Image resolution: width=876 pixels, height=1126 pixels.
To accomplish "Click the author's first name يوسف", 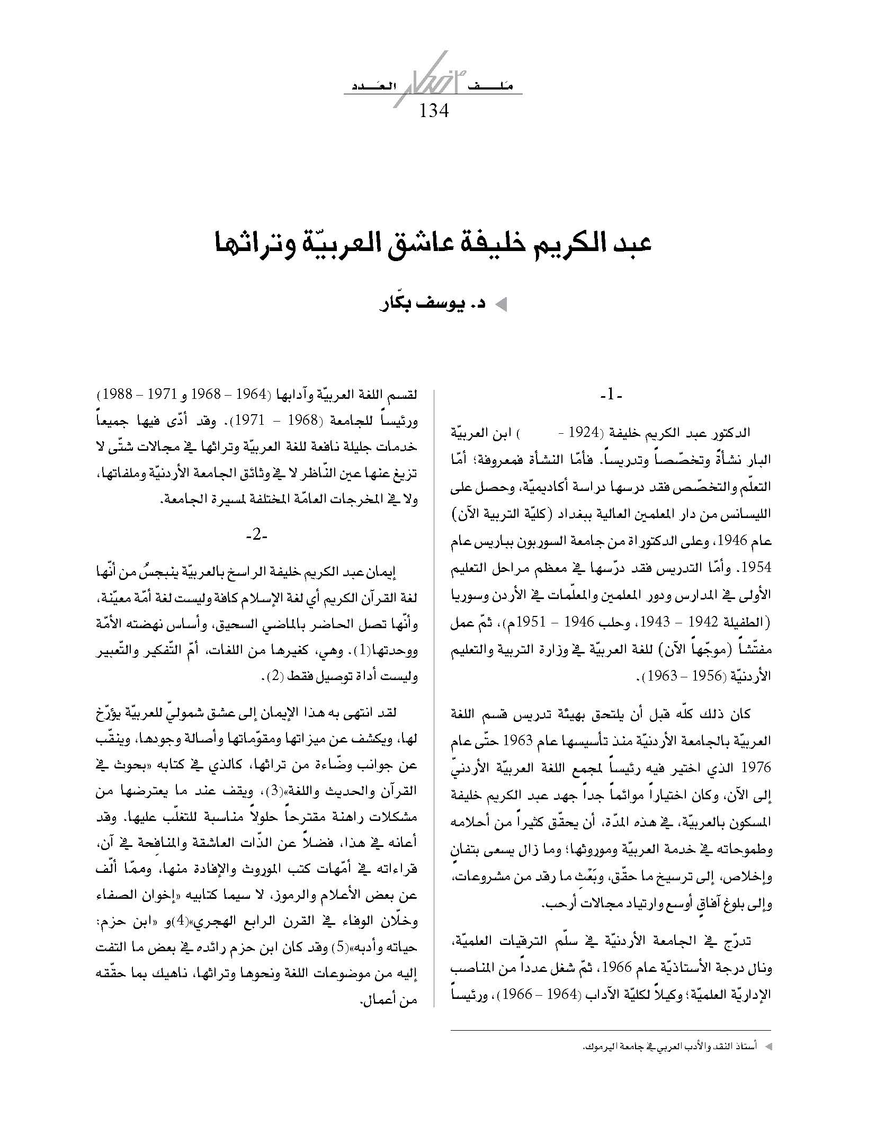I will (419, 306).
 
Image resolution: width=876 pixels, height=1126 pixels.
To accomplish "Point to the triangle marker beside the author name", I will (500, 306).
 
